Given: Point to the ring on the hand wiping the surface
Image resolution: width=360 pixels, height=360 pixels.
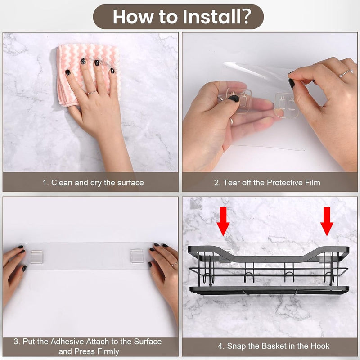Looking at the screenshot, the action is [x=92, y=93].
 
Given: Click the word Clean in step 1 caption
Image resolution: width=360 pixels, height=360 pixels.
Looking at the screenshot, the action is [x=62, y=183].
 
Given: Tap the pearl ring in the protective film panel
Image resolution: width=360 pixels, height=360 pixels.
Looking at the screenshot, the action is [x=345, y=73].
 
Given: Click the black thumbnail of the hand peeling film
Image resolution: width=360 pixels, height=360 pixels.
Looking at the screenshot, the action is [x=292, y=84].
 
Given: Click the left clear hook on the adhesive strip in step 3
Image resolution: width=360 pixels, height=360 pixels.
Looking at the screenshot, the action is [x=36, y=257].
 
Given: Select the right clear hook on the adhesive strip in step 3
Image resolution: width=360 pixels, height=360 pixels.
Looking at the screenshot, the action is [x=137, y=256].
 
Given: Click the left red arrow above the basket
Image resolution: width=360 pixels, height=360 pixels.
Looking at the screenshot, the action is [x=223, y=221].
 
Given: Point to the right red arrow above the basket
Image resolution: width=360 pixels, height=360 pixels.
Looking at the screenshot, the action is [x=327, y=221].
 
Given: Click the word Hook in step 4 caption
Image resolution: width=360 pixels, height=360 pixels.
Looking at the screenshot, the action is [x=320, y=346].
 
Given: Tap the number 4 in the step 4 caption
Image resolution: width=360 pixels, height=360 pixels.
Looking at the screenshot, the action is [x=220, y=346].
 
